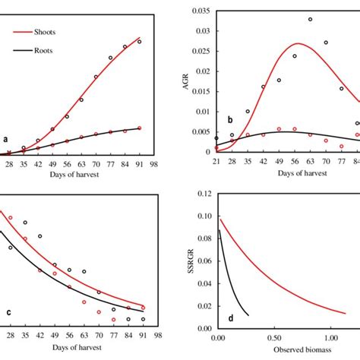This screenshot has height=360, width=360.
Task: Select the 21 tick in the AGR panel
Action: click(216, 163)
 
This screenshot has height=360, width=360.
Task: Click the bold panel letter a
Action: click(6, 140)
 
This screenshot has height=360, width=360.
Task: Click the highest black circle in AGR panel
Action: click(310, 20)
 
